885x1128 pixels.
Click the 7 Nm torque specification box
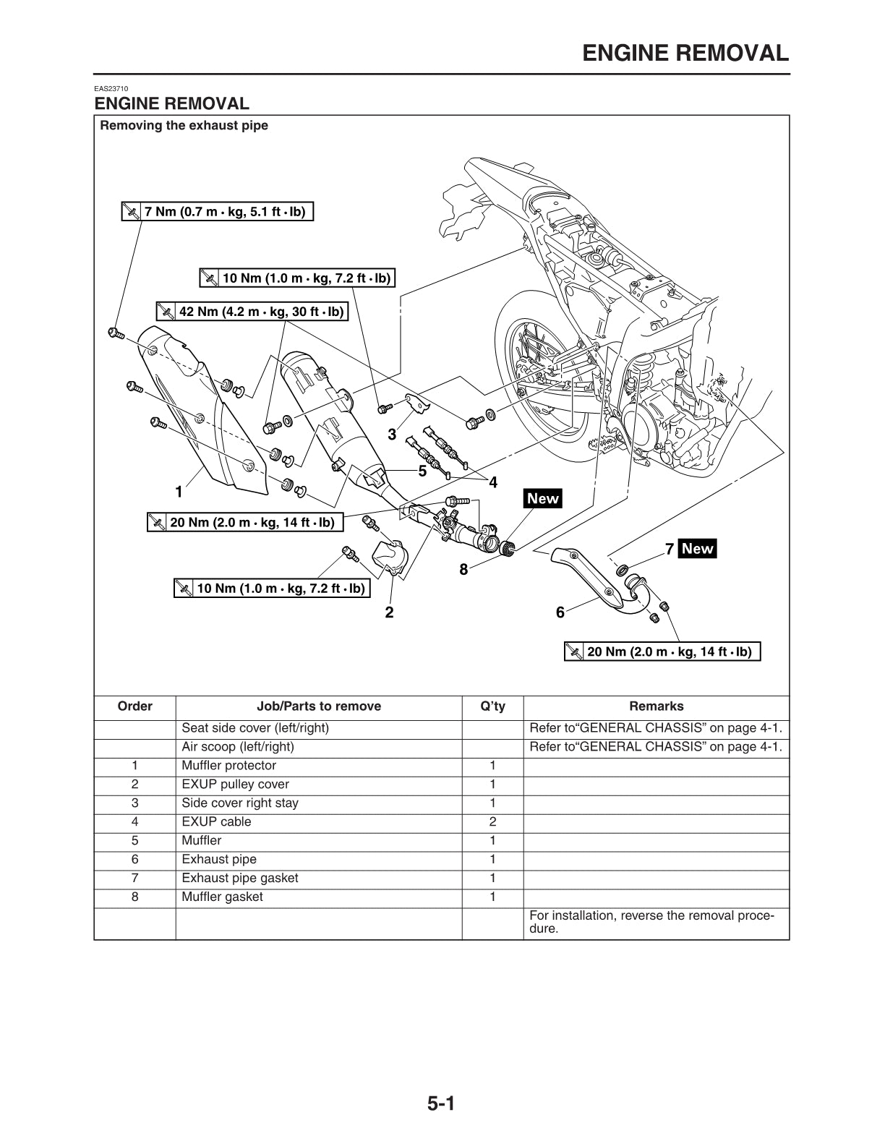coord(217,212)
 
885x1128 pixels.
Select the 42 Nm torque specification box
coord(252,312)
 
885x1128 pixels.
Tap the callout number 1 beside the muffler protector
coord(178,492)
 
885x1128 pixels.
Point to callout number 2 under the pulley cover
coord(389,612)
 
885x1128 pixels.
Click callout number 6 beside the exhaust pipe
coord(560,612)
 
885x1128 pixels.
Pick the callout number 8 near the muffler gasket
coord(463,570)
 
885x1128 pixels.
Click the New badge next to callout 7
coord(697,549)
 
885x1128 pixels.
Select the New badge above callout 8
coord(543,498)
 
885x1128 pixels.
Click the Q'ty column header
coord(492,706)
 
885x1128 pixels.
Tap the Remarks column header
coord(656,706)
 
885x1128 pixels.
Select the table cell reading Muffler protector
coord(229,766)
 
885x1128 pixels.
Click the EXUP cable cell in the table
coord(217,822)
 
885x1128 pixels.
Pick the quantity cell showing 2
coord(492,822)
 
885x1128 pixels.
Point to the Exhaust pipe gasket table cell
coord(240,879)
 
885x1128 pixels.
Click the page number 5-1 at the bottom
coord(441,1104)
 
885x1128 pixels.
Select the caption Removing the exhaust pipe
coord(184,126)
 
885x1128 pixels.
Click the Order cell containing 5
coord(134,841)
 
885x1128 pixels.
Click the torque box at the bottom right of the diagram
coord(662,652)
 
